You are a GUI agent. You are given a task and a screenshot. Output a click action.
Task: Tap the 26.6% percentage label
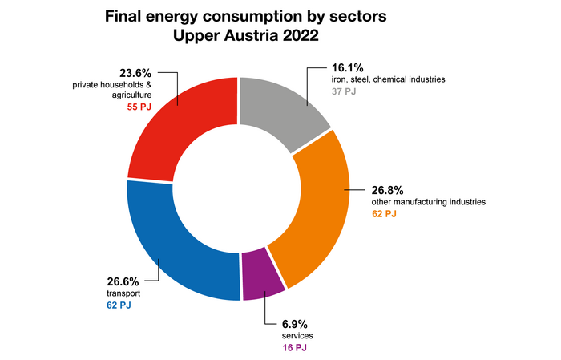(x=123, y=281)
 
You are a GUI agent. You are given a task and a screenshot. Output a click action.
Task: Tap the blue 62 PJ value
(x=118, y=305)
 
